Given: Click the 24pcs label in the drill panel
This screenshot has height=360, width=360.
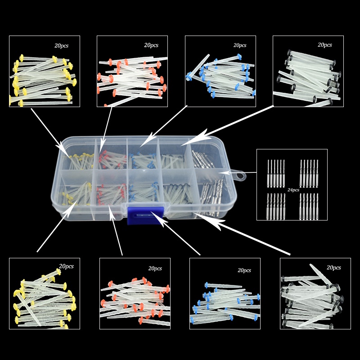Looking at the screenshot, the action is [293, 190].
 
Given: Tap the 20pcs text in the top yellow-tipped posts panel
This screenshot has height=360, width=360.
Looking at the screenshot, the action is [61, 45].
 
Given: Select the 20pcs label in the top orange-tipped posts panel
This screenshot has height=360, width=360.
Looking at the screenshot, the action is [151, 45].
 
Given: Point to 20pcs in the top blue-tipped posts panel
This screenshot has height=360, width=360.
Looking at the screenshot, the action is [240, 45].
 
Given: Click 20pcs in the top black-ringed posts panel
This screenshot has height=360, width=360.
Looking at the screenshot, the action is [324, 45].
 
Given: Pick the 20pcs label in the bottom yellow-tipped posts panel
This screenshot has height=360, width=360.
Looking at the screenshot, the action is [66, 266].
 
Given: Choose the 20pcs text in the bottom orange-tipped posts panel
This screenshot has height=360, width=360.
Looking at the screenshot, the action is [155, 268].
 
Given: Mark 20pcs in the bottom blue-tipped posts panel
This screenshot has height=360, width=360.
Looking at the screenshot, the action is [244, 270].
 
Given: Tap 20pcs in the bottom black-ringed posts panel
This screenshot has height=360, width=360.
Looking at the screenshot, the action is [333, 267].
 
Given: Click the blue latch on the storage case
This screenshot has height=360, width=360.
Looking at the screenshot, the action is [145, 216].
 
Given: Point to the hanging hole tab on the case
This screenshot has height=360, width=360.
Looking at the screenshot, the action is [239, 176].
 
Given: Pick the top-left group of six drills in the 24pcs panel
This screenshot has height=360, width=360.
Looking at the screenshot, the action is [276, 173].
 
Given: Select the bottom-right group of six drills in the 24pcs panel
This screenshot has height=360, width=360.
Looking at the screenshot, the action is [309, 207].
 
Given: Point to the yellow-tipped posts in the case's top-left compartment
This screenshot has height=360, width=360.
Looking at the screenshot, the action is [81, 161].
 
